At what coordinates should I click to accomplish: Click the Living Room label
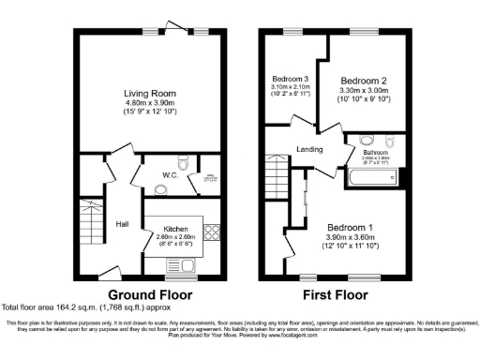(150, 93)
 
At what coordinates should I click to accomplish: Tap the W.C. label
(144, 174)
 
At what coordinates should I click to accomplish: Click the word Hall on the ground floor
(122, 224)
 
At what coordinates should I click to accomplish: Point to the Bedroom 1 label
(350, 228)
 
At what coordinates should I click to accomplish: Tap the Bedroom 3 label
(291, 78)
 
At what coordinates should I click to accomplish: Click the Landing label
(309, 148)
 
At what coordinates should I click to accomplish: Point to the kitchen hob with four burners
(210, 232)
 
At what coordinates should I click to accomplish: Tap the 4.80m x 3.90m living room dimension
(150, 104)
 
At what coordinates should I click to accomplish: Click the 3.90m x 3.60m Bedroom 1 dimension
(350, 238)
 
